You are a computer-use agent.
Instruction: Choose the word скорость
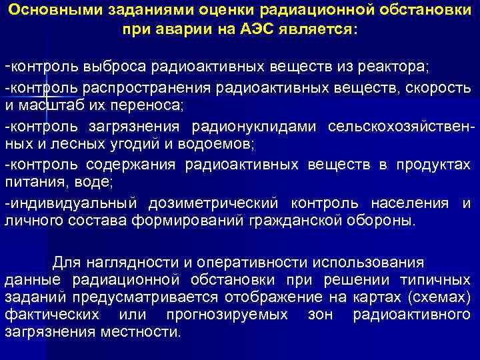tap(438, 89)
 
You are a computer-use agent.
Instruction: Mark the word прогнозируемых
tap(226, 314)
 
